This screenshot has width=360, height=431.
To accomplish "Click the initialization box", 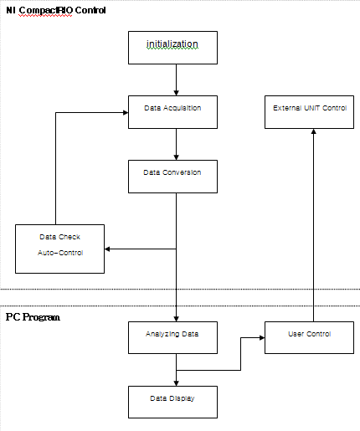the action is [x=172, y=48].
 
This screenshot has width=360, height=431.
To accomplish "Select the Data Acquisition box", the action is [x=172, y=112].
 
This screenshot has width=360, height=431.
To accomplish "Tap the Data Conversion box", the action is [x=172, y=177].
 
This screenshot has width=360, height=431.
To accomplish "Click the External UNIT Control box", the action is [x=309, y=112].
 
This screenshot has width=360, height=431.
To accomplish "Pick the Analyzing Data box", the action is [x=172, y=337].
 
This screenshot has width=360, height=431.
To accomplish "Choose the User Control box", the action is [x=309, y=337].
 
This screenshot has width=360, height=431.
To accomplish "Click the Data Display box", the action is [x=172, y=402].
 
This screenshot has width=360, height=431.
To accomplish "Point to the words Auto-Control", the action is [x=60, y=253].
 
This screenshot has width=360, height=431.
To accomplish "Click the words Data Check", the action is [x=59, y=237].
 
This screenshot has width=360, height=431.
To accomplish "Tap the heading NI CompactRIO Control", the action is [x=56, y=10].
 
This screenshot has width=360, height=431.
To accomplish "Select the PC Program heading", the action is [x=33, y=317].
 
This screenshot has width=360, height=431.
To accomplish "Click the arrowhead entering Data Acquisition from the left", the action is [x=126, y=113].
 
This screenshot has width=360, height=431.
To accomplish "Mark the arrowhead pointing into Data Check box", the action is [x=107, y=249].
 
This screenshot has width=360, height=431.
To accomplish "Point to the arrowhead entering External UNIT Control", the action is [x=313, y=131].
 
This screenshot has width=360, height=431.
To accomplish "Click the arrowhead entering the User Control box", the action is [x=262, y=338].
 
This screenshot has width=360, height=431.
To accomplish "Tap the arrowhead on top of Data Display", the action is [x=176, y=383].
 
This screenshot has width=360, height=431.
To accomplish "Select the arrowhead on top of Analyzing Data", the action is [x=176, y=319].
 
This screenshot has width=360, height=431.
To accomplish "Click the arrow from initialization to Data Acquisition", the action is [x=176, y=80].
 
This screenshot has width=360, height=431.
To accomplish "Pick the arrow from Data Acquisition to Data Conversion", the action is [x=176, y=145].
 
